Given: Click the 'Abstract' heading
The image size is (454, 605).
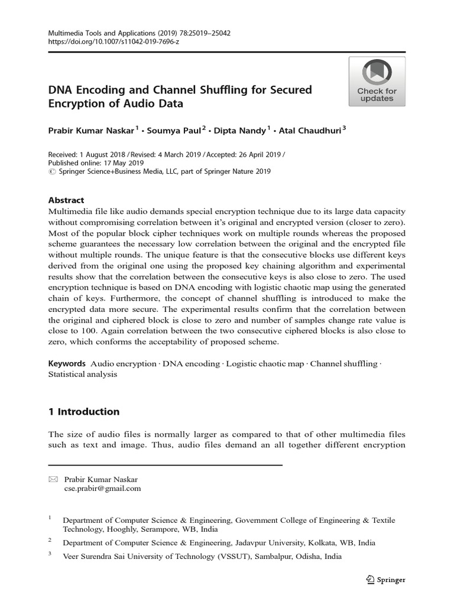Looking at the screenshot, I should [66, 200].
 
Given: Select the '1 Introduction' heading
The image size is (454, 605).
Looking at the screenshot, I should [83, 412].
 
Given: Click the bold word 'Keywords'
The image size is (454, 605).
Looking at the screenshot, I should [67, 363].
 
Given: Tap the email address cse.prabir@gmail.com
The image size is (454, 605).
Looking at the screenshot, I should [102, 489].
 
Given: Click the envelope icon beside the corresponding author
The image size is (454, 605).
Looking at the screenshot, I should [53, 480].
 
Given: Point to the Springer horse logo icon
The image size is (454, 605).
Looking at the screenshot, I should [370, 580].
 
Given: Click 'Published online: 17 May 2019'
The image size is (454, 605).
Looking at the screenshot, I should [96, 163].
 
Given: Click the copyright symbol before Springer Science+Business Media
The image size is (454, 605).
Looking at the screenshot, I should [51, 171].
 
